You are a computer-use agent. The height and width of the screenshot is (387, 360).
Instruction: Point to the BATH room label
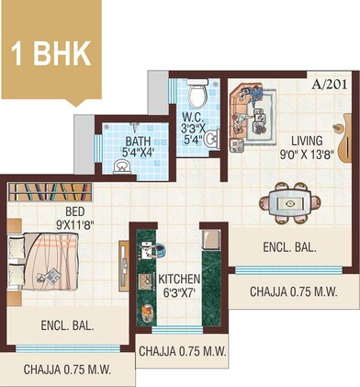pyautogui.click(x=139, y=141)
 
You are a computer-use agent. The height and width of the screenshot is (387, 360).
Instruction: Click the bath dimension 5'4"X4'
pyautogui.click(x=139, y=154)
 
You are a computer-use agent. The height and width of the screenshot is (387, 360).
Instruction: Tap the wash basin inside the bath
pyautogui.click(x=120, y=165)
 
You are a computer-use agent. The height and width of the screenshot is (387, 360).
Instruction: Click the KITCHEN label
pyautogui.click(x=180, y=279)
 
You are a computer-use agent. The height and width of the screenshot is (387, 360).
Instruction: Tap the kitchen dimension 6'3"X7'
pyautogui.click(x=180, y=293)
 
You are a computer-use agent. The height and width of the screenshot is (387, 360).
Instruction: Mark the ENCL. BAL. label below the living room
pyautogui.click(x=289, y=247)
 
